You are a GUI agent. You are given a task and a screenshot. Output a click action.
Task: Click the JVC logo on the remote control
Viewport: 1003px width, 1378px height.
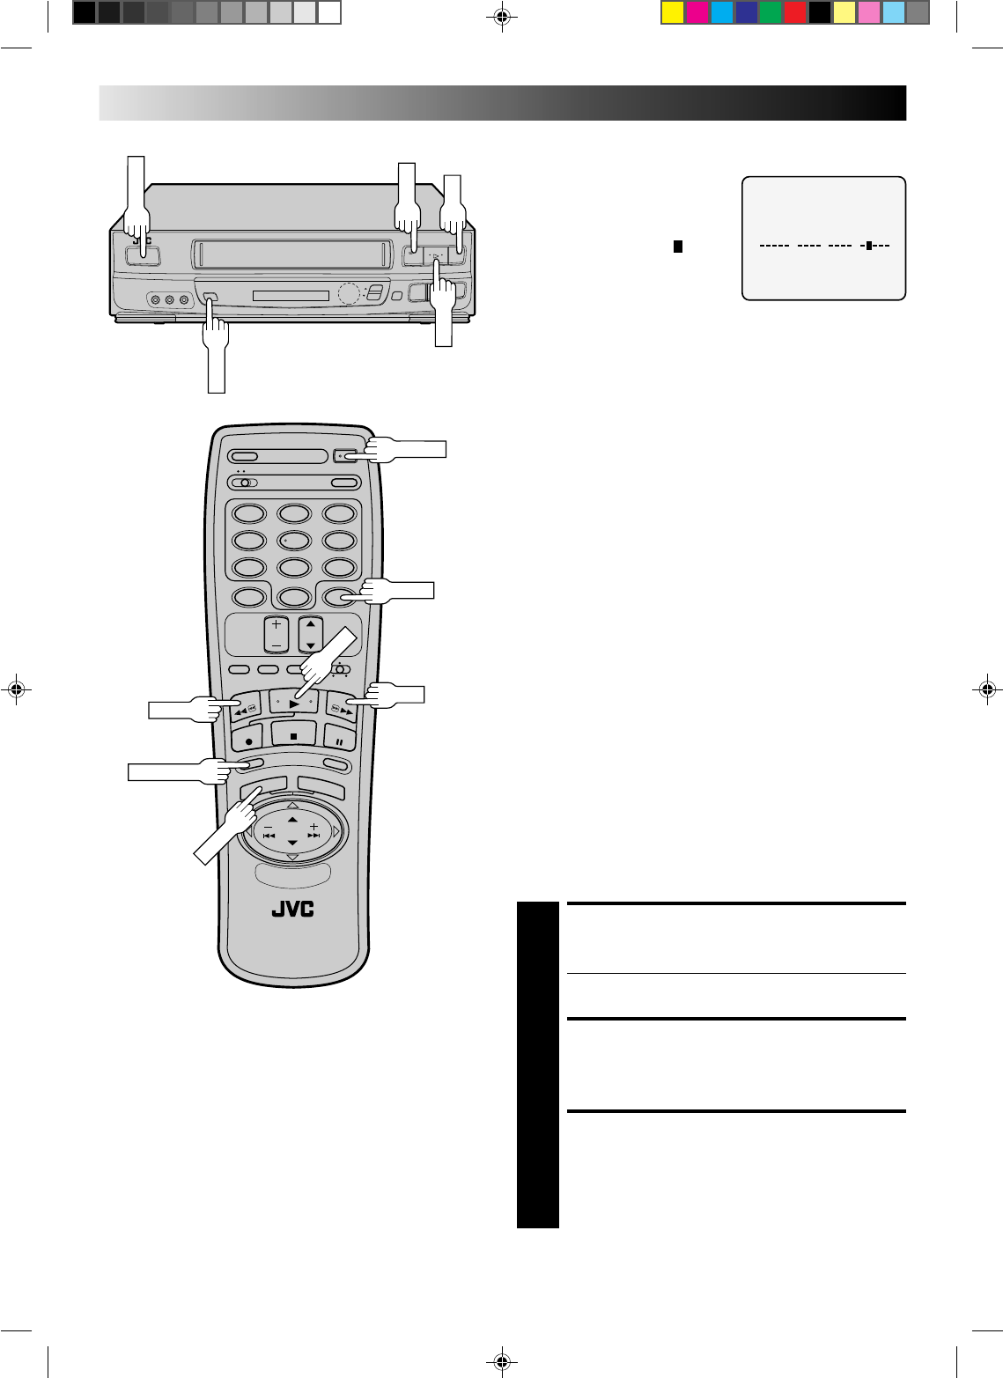coord(293,910)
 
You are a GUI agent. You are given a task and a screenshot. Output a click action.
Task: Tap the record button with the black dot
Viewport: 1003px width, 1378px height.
coord(248,742)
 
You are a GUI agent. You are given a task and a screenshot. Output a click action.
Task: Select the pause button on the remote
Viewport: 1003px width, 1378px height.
coord(339,742)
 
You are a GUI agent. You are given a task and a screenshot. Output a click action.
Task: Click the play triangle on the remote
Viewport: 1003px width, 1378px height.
coord(294,704)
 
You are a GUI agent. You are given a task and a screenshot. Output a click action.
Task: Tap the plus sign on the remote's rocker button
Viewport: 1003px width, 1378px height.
coord(277,623)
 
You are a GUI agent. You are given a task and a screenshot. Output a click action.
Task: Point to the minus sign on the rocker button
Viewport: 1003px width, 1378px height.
coord(277,645)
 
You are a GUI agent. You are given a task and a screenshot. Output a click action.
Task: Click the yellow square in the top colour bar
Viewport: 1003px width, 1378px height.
coord(673,12)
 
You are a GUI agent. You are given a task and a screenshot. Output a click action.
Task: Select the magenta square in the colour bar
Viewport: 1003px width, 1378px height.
coord(697,12)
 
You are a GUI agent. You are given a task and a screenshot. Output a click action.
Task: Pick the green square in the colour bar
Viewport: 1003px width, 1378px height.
coord(771,12)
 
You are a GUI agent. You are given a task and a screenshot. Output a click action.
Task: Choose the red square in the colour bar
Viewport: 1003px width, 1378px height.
coord(795,12)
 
